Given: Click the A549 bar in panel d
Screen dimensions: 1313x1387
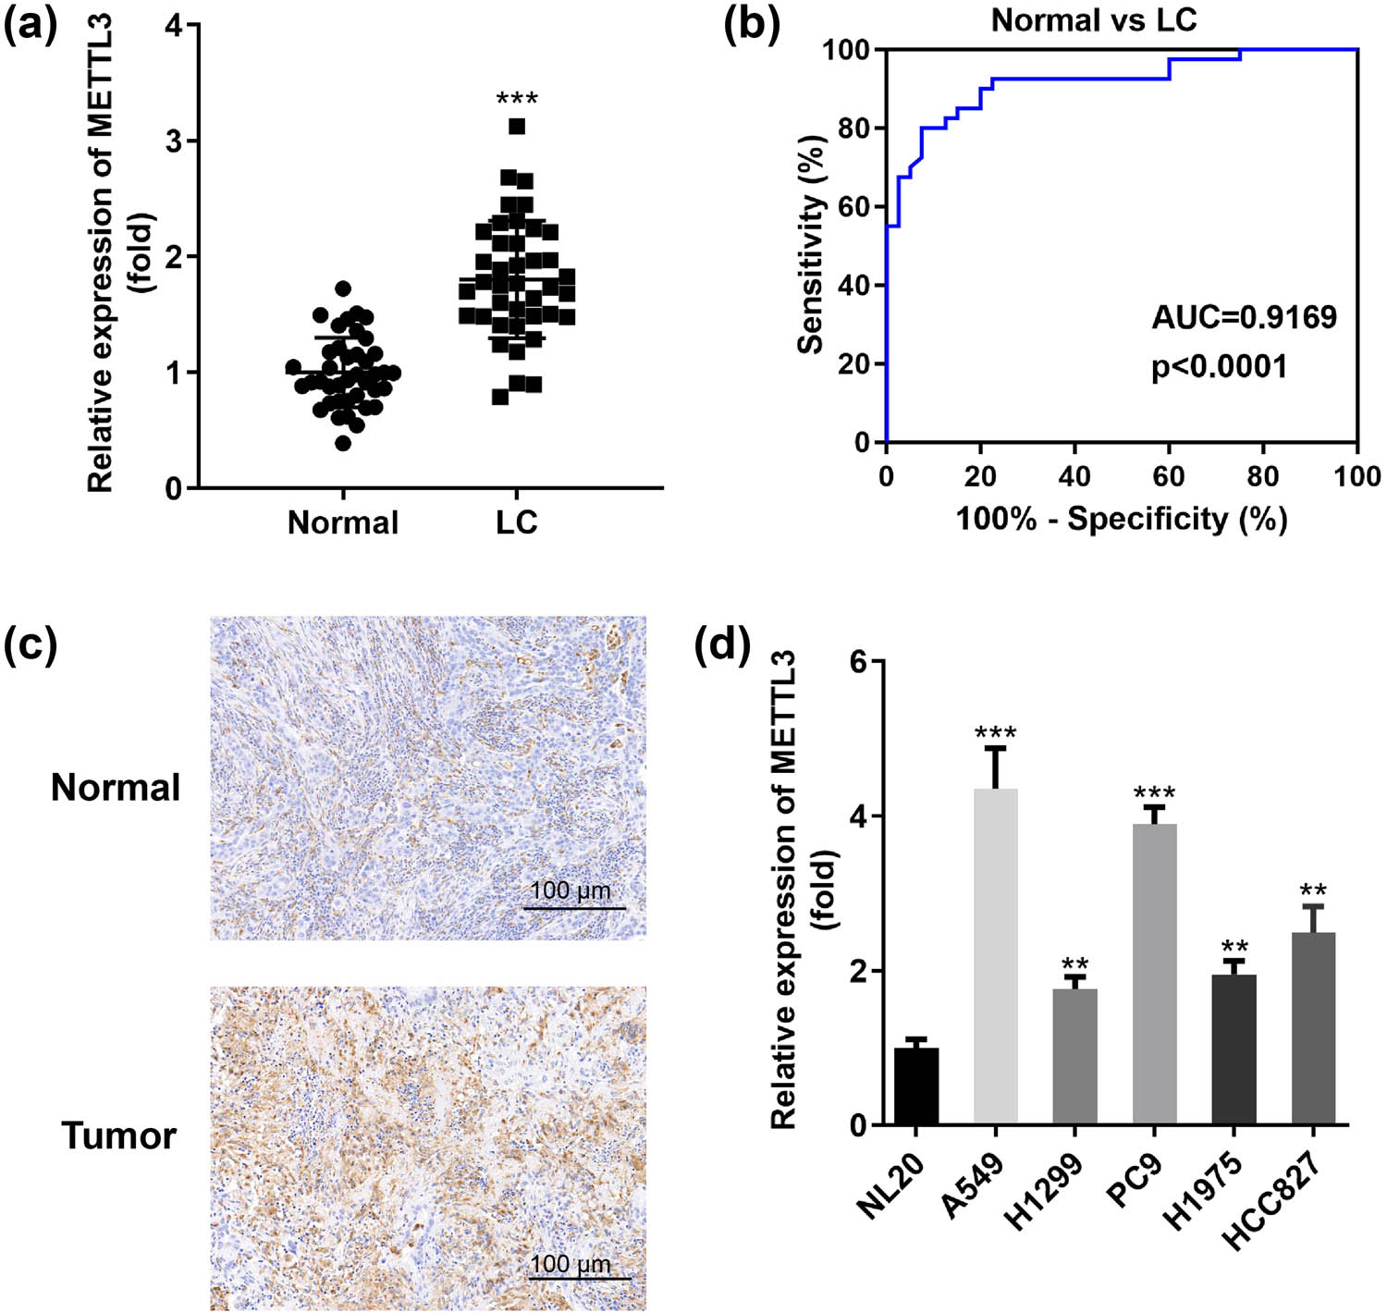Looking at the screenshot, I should pos(995,957).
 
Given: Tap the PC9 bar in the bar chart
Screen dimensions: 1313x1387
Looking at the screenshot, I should pos(1154,975).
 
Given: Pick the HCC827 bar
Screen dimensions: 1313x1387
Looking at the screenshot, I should pos(1313,1028).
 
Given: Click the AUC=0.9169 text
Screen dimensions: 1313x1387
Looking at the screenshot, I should pos(1244,317).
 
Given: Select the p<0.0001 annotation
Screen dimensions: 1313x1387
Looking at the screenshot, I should pos(1219,367).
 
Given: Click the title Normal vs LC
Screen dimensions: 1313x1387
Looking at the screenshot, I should pos(1094,20).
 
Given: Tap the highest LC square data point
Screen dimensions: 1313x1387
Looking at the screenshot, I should pos(517,126).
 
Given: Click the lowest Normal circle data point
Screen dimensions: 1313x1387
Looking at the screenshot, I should pos(343,443).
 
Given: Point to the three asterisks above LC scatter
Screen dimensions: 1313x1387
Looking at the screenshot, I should pos(517,98).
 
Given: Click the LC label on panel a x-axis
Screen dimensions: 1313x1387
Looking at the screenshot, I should pos(516,522).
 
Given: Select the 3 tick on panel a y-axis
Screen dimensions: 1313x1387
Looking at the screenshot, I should pos(174,141).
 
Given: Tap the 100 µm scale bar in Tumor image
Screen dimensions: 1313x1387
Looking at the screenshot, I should pos(580,1278).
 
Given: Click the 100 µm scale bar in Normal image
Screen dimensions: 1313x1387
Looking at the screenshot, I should pos(574,907).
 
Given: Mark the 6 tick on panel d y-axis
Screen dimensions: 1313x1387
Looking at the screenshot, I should pos(859,662).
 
